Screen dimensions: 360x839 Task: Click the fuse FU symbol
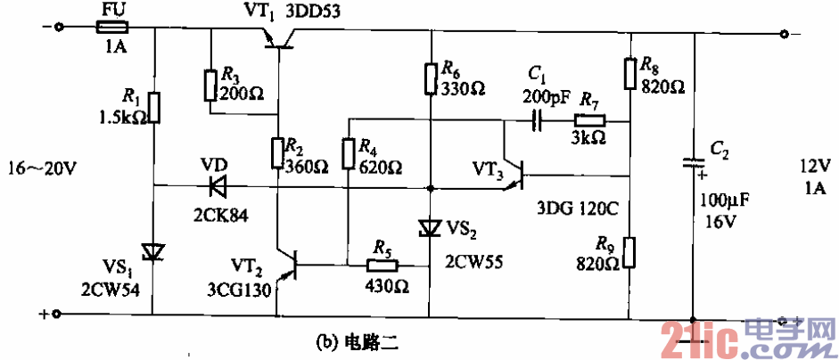coord(113,28)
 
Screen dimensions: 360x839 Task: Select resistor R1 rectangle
coord(154,107)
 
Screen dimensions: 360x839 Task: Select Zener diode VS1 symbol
coord(154,253)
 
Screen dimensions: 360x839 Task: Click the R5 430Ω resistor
coord(383,265)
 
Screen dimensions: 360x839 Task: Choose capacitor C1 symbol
coord(537,120)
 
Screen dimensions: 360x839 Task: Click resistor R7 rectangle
coord(589,120)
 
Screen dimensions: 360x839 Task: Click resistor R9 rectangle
coord(629,252)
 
